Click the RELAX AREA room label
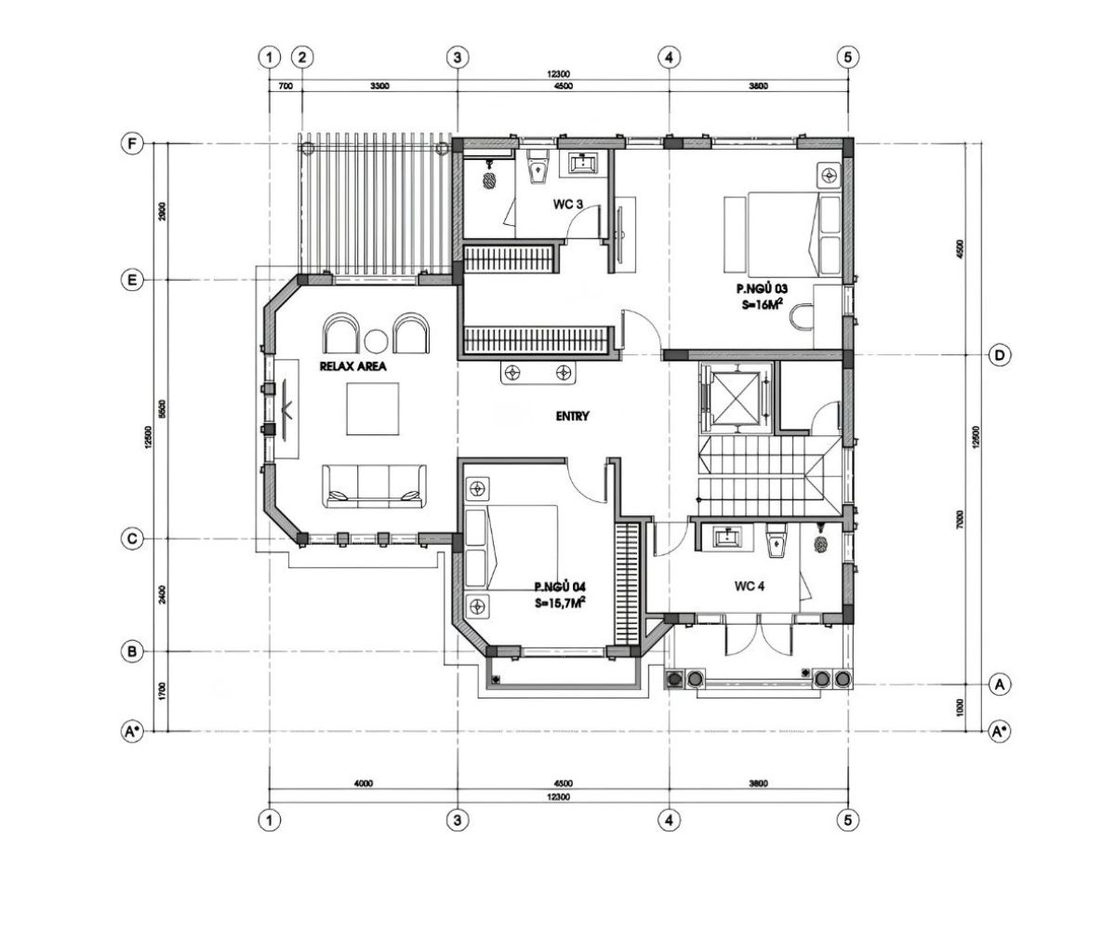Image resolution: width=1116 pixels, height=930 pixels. click(x=352, y=367)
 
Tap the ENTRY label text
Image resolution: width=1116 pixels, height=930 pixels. click(x=573, y=417)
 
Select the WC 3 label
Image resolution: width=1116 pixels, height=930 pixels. click(x=543, y=204)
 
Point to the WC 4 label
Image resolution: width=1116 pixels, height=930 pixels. click(x=750, y=586)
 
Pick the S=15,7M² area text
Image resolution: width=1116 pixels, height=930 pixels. click(x=559, y=603)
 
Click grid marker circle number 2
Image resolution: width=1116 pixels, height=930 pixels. click(x=301, y=57)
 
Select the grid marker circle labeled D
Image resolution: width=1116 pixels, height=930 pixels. click(x=1000, y=355)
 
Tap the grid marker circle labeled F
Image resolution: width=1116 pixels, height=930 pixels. click(x=132, y=144)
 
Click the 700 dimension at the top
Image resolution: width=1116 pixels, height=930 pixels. click(x=286, y=86)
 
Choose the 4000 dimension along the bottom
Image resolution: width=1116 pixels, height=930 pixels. click(x=363, y=783)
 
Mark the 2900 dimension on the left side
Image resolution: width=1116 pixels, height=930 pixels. click(x=163, y=212)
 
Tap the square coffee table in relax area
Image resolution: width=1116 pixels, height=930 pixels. click(x=372, y=409)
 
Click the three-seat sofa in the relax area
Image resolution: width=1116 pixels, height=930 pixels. click(x=375, y=485)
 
